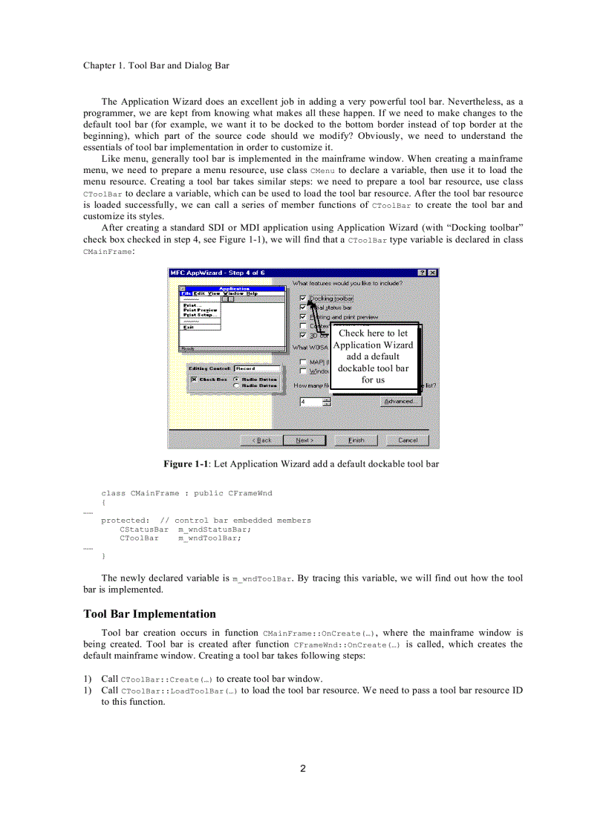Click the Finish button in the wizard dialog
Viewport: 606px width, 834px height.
[356, 440]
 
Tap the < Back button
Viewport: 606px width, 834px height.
[263, 440]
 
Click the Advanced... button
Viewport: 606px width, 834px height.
[401, 401]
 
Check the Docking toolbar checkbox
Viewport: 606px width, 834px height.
[303, 298]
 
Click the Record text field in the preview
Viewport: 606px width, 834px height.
[257, 368]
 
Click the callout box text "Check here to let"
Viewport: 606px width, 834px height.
[373, 333]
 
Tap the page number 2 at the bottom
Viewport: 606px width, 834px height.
[303, 768]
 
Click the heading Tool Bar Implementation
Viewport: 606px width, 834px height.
[149, 614]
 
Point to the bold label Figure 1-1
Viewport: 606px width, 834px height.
[185, 464]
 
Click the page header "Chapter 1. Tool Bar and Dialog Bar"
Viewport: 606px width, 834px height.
[156, 65]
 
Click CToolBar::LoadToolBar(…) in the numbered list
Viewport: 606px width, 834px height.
[179, 691]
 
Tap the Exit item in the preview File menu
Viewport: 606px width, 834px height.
[189, 328]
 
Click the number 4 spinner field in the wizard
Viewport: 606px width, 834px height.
[311, 402]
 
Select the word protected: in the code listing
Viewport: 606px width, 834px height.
[125, 521]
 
